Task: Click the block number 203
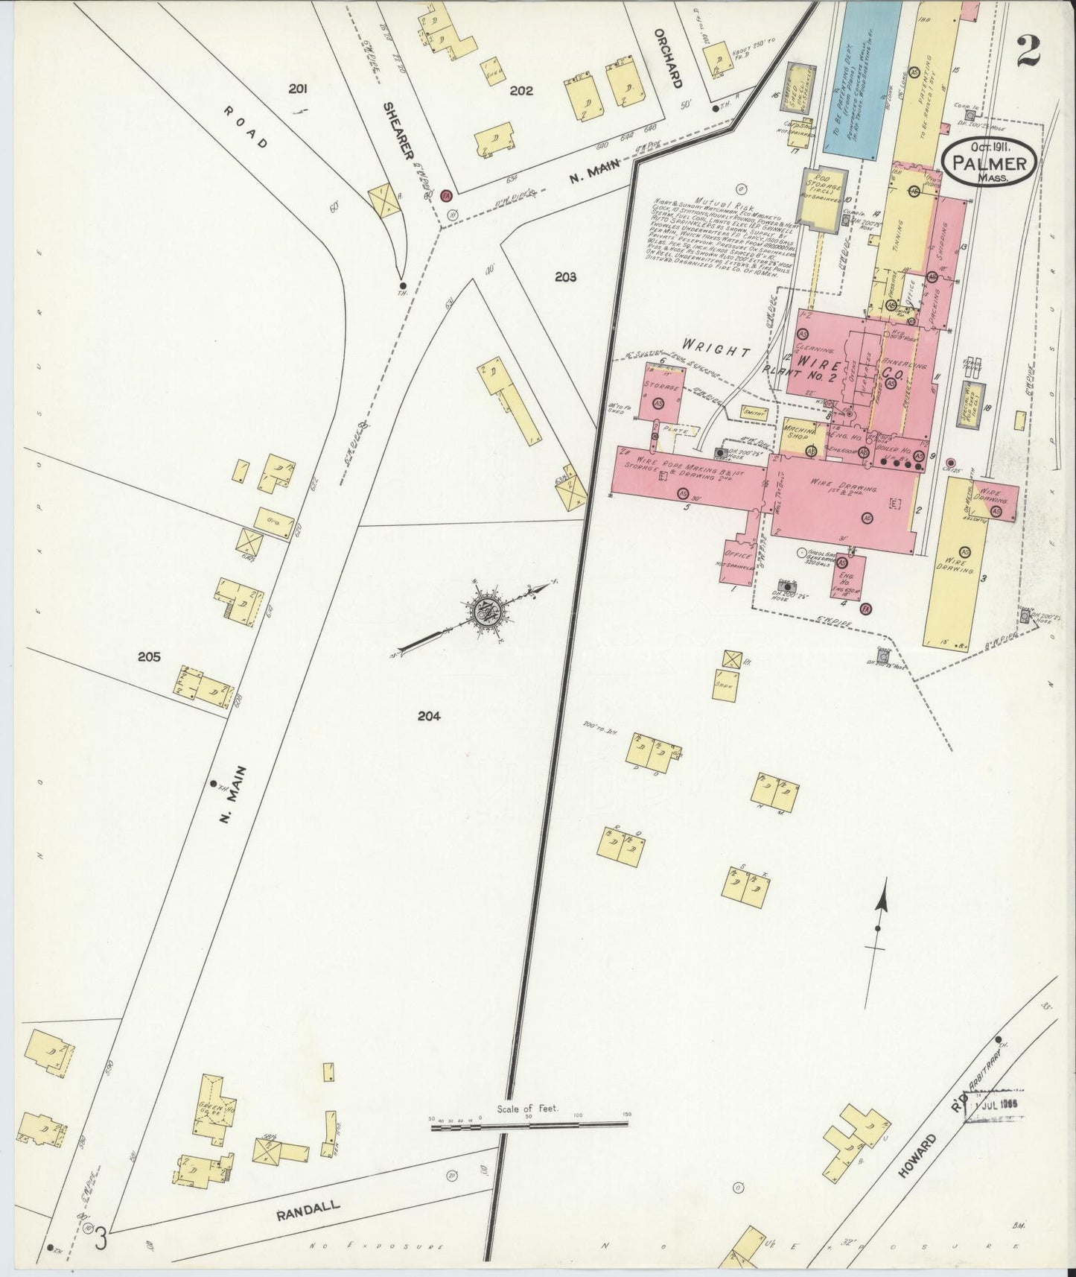(566, 277)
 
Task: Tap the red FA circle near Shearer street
(446, 195)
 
